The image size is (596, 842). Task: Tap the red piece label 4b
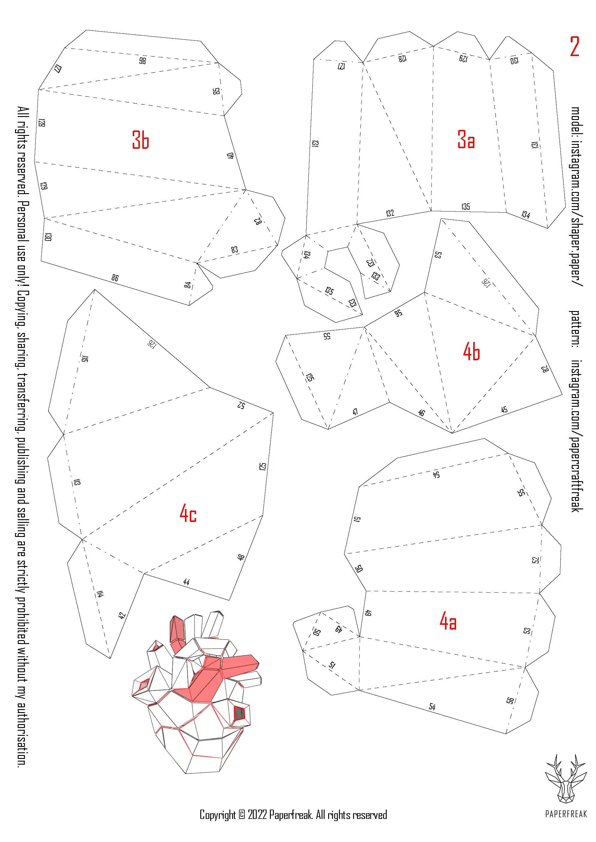coord(472,351)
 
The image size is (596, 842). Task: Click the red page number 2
coord(575,46)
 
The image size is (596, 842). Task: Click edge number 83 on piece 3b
coord(234,250)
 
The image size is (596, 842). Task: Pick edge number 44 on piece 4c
coord(186,582)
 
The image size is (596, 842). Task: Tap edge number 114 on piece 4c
coord(99,593)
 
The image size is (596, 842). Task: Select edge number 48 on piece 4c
coord(241,557)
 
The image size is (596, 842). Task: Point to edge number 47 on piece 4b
coord(355,412)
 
